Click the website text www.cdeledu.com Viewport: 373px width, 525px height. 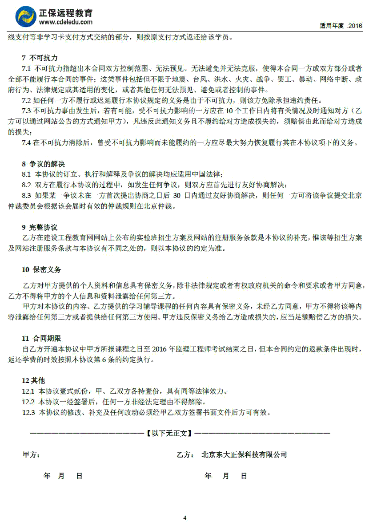66,22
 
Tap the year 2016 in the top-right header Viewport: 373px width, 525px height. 356,26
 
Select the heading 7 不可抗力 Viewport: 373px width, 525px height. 40,58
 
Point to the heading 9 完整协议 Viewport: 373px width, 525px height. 40,228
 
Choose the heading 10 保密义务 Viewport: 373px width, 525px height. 41,270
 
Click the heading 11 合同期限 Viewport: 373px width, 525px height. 41,339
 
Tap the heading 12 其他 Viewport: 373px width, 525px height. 33,381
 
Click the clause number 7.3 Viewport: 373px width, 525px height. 26,111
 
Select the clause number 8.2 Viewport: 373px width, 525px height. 26,185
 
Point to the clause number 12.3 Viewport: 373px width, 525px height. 28,413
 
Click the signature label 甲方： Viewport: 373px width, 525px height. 31,455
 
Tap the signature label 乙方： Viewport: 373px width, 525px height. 185,455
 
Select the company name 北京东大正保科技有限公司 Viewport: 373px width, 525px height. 244,455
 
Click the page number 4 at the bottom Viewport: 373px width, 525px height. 185,518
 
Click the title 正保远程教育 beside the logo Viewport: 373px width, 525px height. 67,13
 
